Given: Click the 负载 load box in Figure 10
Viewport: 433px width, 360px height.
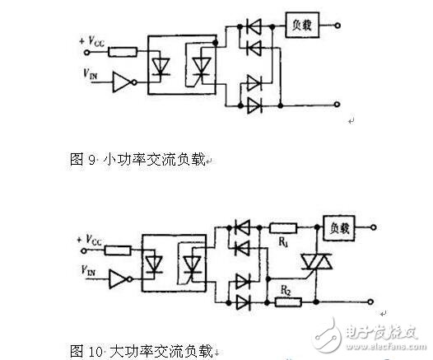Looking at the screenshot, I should pos(339,227).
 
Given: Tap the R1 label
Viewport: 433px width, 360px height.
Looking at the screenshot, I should pos(285,245).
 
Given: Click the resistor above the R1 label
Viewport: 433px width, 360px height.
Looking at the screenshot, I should pos(283,227).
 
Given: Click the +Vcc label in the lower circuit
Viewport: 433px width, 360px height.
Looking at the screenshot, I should pos(86,239).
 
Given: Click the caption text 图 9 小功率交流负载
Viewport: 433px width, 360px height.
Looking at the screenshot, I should pos(140,157).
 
